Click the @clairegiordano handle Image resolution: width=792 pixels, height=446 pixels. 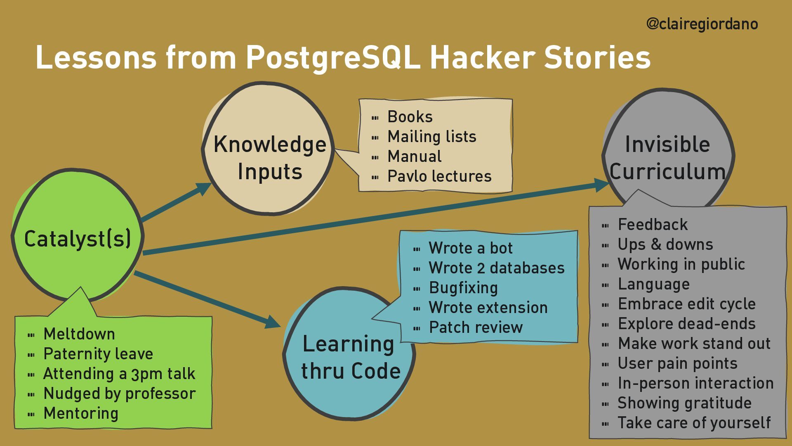pyautogui.click(x=702, y=24)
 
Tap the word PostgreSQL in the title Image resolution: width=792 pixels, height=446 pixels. pyautogui.click(x=333, y=57)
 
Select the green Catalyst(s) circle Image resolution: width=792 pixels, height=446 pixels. pyautogui.click(x=78, y=238)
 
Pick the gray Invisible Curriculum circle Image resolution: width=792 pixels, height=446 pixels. pyautogui.click(x=667, y=157)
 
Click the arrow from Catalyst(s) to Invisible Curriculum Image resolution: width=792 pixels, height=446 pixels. pyautogui.click(x=371, y=219)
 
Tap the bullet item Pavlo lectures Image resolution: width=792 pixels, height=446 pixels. pyautogui.click(x=439, y=176)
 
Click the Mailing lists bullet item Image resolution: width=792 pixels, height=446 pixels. pyautogui.click(x=432, y=137)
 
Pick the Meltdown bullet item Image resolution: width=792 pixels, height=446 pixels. pyautogui.click(x=79, y=334)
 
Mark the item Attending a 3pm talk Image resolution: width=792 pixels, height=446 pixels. pyautogui.click(x=119, y=374)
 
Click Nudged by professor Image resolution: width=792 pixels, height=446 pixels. pyautogui.click(x=120, y=394)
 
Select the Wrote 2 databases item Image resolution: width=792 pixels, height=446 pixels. pyautogui.click(x=497, y=268)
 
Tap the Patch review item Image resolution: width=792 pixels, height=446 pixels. pyautogui.click(x=476, y=327)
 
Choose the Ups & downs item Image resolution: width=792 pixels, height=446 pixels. pyautogui.click(x=665, y=244)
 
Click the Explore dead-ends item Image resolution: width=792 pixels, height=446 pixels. pyautogui.click(x=687, y=324)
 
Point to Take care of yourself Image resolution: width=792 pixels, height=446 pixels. pyautogui.click(x=694, y=423)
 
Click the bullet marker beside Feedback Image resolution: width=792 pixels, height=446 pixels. pyautogui.click(x=606, y=225)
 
